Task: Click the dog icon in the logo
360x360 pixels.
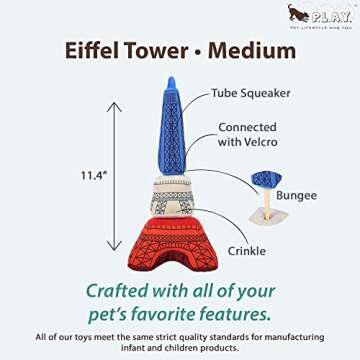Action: pos(296,11)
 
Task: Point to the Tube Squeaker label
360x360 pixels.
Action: pos(250,92)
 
